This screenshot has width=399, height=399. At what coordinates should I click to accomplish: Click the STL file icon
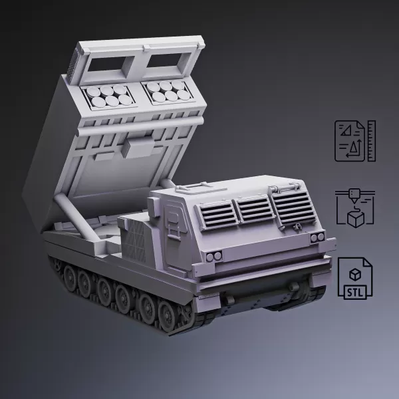click(x=356, y=277)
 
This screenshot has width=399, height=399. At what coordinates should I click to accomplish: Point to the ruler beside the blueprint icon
click(x=371, y=140)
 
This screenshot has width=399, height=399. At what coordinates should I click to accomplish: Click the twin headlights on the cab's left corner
click(x=213, y=257)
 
